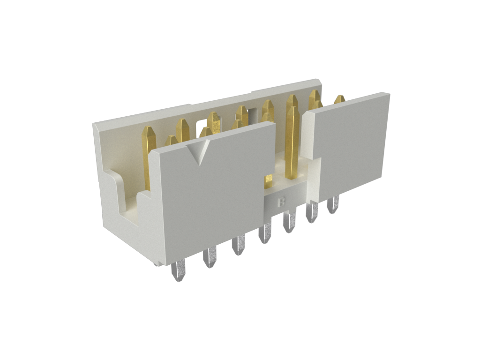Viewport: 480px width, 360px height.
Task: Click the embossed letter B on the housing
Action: (x=282, y=202)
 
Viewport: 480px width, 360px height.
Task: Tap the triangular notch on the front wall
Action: (x=198, y=151)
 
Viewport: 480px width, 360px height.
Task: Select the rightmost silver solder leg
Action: (x=333, y=204)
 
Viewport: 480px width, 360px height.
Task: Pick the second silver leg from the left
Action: (x=210, y=257)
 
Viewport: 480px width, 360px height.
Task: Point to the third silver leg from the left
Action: (x=238, y=244)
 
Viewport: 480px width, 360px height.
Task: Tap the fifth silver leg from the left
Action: (x=290, y=222)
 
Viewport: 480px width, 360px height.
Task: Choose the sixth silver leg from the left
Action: (x=312, y=212)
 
